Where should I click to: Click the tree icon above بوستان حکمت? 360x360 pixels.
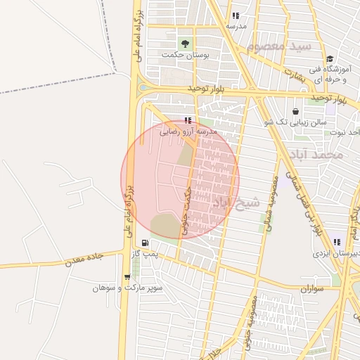coord(186,43)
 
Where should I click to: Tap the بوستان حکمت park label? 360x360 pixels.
coord(186,54)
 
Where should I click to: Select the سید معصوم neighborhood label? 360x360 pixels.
coord(278,49)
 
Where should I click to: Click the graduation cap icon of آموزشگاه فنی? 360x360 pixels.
coord(330,58)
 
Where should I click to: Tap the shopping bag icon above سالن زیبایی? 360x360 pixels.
coord(295,111)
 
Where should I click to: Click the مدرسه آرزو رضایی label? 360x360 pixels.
coord(188,131)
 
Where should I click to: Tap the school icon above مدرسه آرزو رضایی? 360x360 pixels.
coord(187,120)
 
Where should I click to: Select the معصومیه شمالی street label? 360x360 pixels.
coord(269,203)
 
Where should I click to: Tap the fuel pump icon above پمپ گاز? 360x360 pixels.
coord(144,243)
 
